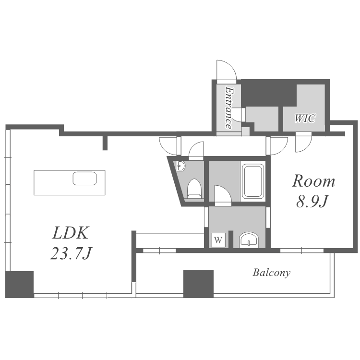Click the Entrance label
pyautogui.click(x=228, y=108)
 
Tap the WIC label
pyautogui.click(x=305, y=118)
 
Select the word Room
pyautogui.click(x=313, y=181)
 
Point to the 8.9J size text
pyautogui.click(x=312, y=201)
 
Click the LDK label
pyautogui.click(x=70, y=233)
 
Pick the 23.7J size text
pyautogui.click(x=71, y=253)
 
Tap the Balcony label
pyautogui.click(x=272, y=273)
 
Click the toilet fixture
pyautogui.click(x=194, y=189)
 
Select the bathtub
pyautogui.click(x=253, y=181)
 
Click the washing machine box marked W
pyautogui.click(x=218, y=240)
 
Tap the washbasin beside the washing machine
pyautogui.click(x=249, y=240)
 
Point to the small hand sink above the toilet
pyautogui.click(x=180, y=166)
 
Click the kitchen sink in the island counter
pyautogui.click(x=84, y=179)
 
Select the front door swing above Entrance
pyautogui.click(x=227, y=70)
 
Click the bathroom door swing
pyautogui.click(x=223, y=194)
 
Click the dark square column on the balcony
pyautogui.click(x=198, y=284)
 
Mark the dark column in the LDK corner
pyautogui.click(x=20, y=285)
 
